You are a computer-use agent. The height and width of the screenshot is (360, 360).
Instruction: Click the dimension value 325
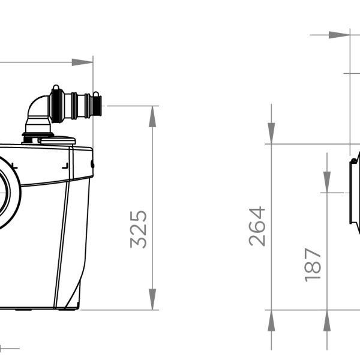click(x=138, y=229)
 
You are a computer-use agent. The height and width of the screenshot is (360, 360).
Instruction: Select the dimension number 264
click(x=257, y=226)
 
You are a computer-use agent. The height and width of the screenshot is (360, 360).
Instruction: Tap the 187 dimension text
click(x=313, y=265)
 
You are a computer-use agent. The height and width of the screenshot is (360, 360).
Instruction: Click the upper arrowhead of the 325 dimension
click(x=152, y=116)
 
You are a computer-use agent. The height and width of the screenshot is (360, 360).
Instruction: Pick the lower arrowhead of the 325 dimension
click(x=152, y=299)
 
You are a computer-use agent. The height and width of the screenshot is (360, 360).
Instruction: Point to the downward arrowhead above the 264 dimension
click(x=271, y=133)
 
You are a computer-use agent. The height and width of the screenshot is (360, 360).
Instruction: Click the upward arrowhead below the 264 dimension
click(x=271, y=321)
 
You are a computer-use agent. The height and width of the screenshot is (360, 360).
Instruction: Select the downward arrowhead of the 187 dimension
click(x=327, y=182)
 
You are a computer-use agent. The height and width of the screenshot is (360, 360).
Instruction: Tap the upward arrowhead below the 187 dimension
click(x=327, y=321)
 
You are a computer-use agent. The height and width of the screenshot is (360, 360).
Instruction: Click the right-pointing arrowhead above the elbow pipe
click(x=82, y=62)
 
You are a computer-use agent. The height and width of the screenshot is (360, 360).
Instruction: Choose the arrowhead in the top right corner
click(x=340, y=35)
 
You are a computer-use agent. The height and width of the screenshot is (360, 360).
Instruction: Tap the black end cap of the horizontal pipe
click(x=97, y=106)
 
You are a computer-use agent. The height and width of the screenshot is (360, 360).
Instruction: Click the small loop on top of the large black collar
click(x=56, y=87)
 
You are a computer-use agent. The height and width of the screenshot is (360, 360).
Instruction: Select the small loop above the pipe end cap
click(x=96, y=94)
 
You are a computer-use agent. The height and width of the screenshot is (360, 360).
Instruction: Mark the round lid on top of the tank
click(x=58, y=140)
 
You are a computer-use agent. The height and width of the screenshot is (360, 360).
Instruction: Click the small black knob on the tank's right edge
click(x=92, y=164)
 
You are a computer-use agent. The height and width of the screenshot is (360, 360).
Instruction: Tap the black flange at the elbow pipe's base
click(x=38, y=134)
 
